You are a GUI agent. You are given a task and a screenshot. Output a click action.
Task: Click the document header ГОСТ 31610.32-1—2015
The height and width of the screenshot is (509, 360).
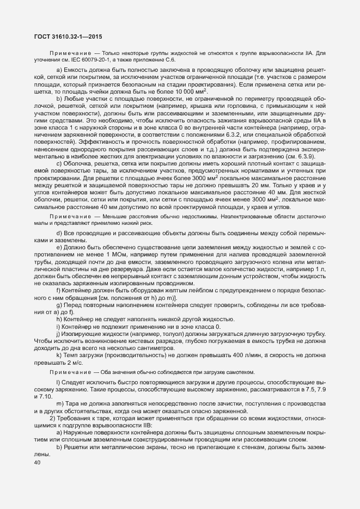(64, 36)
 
